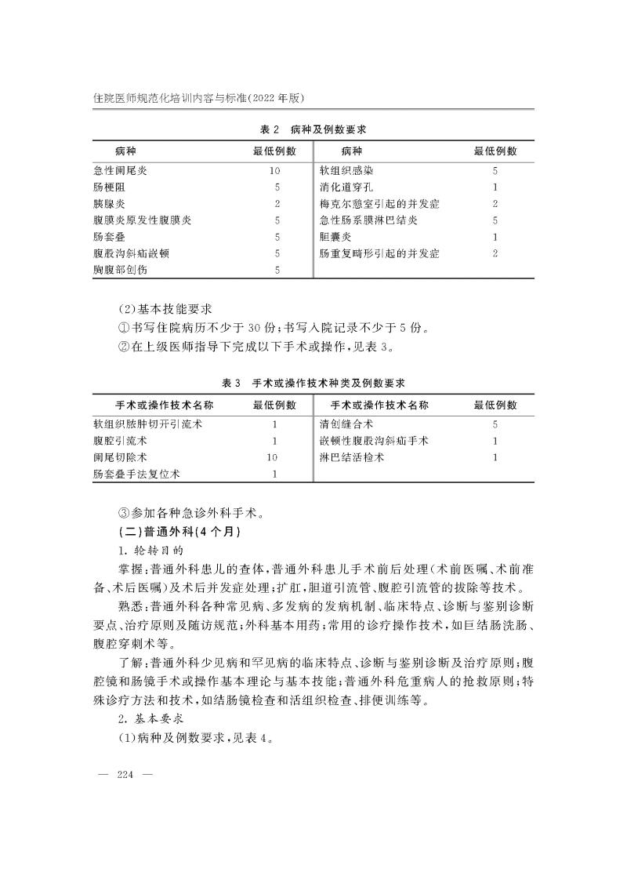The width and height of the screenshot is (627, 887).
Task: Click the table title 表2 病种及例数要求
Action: pos(313,128)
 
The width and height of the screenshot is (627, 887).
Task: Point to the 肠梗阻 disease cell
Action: pos(109,187)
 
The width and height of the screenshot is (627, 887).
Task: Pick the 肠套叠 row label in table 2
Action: pos(109,237)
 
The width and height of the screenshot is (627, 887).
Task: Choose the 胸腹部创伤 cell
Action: pos(120,270)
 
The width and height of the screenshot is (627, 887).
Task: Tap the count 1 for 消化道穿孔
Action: pos(495,187)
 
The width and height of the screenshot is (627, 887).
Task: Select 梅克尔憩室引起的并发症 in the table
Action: pos(379,204)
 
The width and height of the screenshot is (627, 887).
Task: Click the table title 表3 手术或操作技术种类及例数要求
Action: pos(313,383)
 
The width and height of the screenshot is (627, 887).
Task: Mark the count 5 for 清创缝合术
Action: pos(495,424)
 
